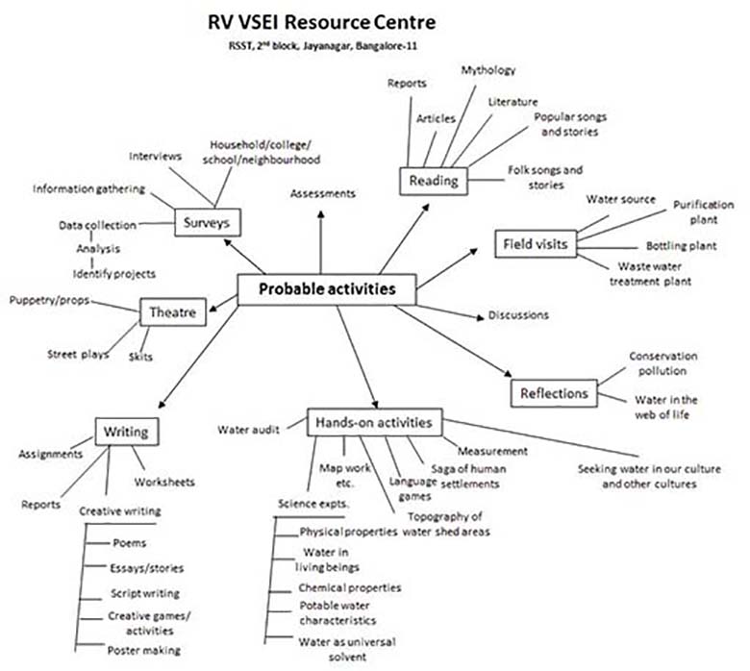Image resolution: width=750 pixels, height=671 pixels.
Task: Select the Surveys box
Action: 208,223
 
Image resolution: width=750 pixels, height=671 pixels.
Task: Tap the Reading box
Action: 434,180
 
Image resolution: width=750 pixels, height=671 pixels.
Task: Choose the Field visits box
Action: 536,243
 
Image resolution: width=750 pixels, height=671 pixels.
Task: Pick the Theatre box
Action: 173,311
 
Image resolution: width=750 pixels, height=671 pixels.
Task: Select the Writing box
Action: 126,432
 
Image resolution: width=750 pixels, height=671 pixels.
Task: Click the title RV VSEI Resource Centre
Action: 321,21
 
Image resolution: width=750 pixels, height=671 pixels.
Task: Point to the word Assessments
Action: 322,193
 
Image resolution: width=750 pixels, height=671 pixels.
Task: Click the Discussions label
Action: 518,314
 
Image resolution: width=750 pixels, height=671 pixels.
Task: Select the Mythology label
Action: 487,70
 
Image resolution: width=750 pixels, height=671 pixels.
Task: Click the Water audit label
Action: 247,429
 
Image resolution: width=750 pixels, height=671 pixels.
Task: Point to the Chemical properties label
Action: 350,586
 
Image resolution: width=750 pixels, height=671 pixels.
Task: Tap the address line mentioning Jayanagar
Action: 321,45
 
